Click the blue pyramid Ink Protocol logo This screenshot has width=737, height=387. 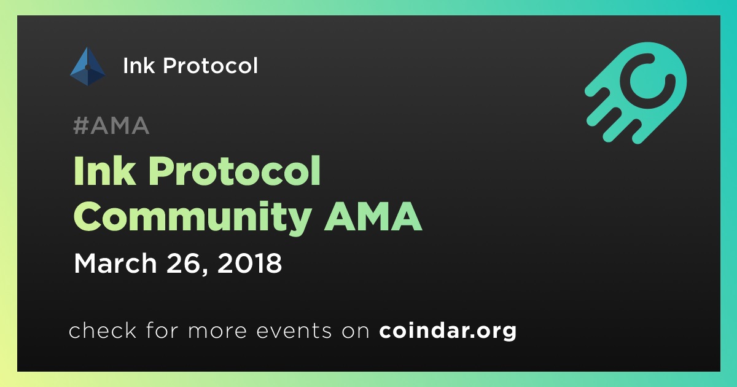click(x=87, y=66)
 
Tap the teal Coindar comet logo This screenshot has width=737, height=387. click(x=636, y=93)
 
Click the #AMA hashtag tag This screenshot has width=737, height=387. click(x=111, y=125)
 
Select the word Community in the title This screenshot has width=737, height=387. click(x=192, y=217)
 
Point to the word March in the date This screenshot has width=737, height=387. click(x=115, y=264)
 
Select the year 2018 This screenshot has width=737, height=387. click(x=249, y=264)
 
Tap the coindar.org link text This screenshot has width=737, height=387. click(x=448, y=331)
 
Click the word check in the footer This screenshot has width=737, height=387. click(x=103, y=330)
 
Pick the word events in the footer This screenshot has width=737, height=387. click(x=294, y=330)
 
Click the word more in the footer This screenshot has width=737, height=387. click(x=217, y=331)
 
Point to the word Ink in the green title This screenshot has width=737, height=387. click(x=104, y=171)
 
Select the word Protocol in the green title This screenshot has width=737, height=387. click(x=235, y=171)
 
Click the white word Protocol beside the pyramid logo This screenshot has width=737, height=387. click(x=210, y=65)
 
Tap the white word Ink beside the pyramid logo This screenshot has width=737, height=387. click(x=139, y=66)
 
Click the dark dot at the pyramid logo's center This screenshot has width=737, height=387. click(x=87, y=68)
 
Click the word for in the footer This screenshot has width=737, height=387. click(x=162, y=330)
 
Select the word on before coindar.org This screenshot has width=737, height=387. click(x=356, y=331)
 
